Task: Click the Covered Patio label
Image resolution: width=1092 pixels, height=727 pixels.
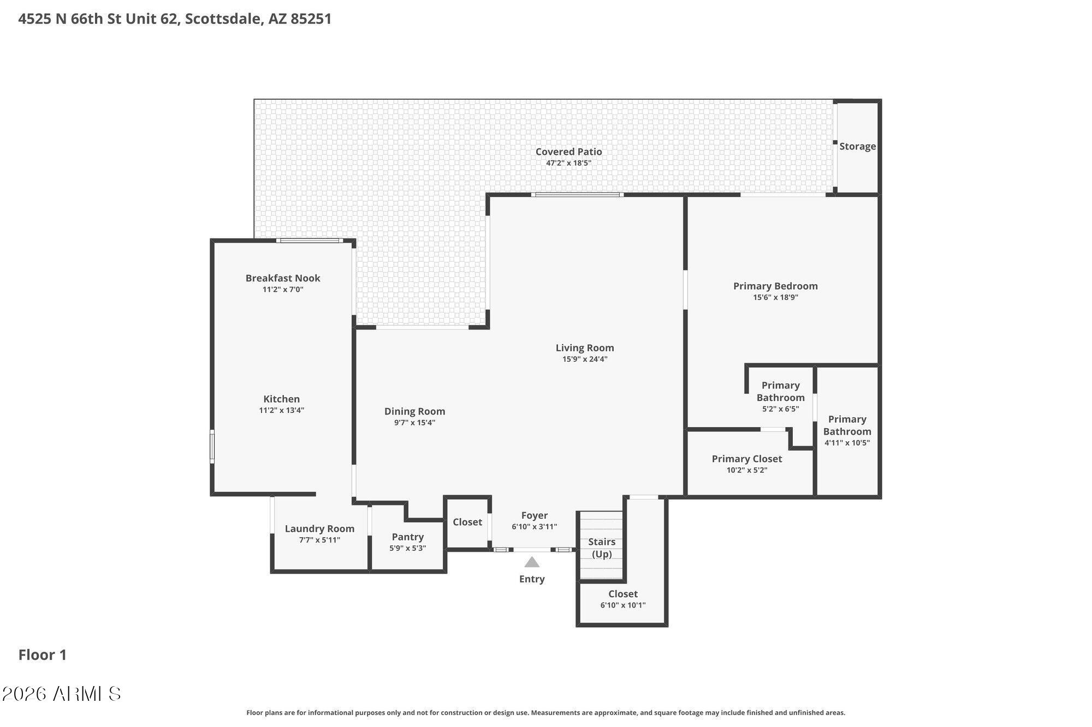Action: [568, 152]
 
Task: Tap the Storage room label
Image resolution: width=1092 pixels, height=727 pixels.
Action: [857, 146]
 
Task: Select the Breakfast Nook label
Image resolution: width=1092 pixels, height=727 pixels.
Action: [283, 278]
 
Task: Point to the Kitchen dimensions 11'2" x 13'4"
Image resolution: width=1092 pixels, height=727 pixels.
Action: [282, 411]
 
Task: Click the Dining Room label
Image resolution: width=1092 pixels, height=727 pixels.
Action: [414, 411]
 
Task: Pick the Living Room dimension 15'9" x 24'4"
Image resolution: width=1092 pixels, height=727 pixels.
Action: [585, 359]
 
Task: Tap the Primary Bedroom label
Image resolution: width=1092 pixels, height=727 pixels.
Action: [775, 286]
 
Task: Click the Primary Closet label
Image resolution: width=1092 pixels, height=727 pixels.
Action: [746, 459]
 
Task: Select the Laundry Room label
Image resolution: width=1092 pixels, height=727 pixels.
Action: [319, 528]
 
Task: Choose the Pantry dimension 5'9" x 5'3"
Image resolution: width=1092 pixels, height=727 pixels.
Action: [407, 549]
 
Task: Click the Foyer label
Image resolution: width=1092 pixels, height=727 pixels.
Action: [534, 515]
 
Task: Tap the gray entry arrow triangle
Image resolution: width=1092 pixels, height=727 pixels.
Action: [532, 562]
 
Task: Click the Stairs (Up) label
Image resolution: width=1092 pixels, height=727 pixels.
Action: [602, 548]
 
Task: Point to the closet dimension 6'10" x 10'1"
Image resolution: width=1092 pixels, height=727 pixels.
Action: [623, 605]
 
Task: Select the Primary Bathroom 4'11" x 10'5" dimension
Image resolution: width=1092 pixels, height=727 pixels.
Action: [847, 443]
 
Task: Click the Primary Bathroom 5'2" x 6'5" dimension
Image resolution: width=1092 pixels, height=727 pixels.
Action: [780, 409]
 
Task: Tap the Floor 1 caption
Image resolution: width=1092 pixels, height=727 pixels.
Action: [43, 655]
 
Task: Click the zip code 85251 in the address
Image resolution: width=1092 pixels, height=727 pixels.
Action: [311, 19]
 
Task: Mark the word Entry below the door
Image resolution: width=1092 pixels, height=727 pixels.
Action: [532, 579]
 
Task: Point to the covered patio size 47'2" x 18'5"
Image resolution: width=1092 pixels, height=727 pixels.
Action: [568, 163]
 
